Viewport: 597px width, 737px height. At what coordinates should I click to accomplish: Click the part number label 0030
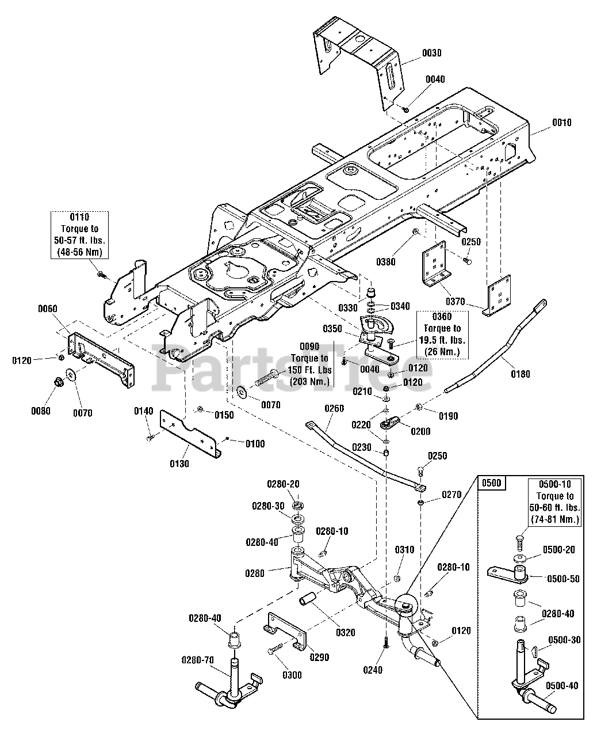click(432, 53)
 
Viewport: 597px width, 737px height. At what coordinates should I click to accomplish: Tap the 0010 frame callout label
click(562, 123)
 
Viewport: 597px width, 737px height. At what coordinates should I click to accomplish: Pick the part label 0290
click(320, 657)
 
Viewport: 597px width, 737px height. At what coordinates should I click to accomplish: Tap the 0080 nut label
click(41, 411)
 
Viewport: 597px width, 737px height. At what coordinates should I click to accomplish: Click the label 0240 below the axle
click(373, 670)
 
